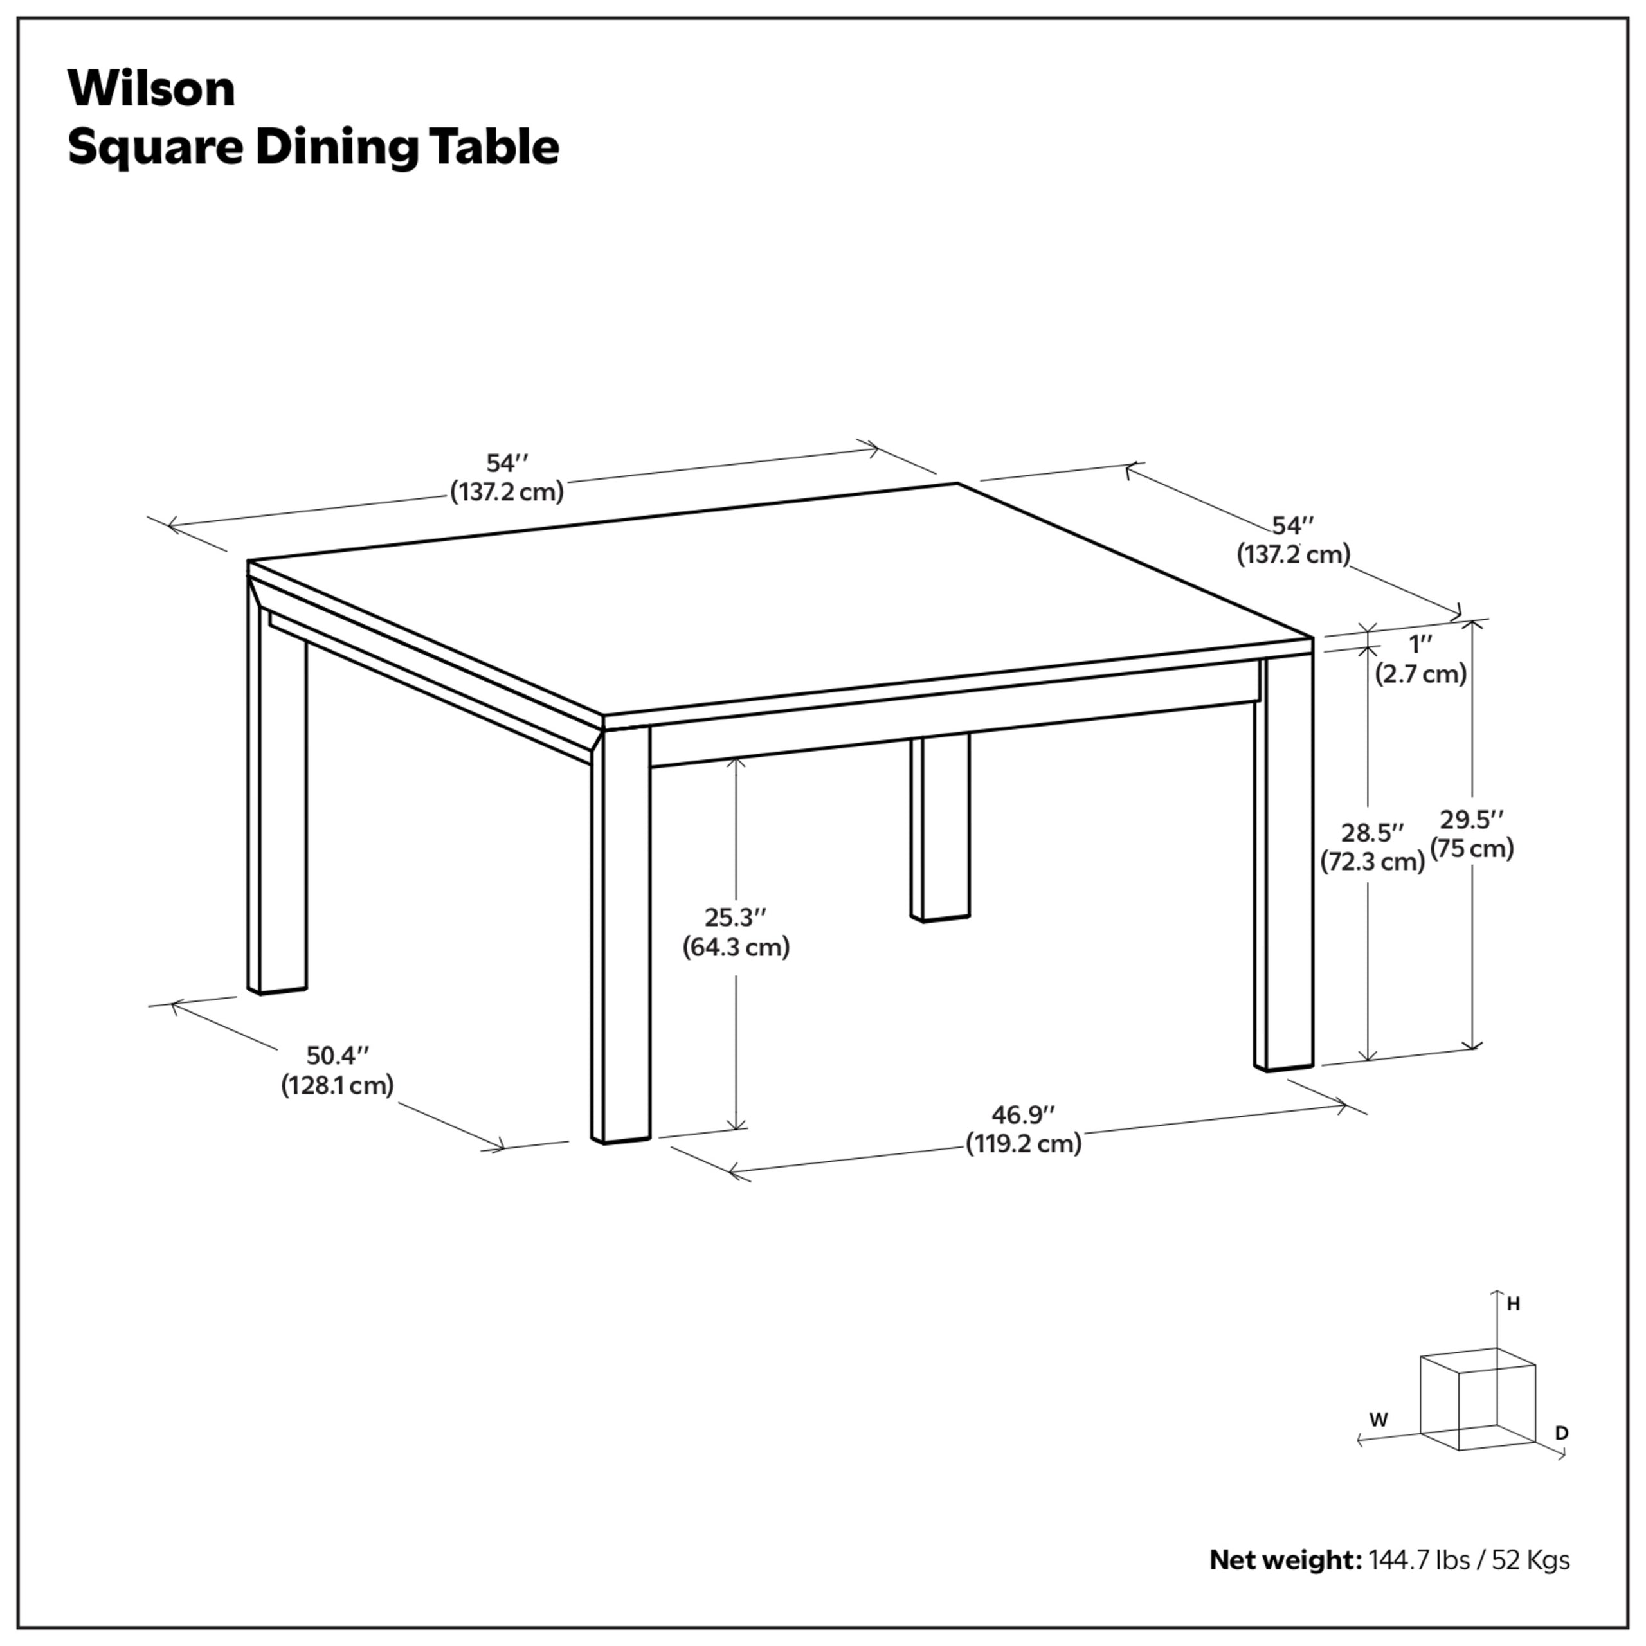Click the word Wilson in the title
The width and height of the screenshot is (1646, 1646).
pos(151,89)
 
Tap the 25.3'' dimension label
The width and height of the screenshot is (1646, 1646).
pos(736,918)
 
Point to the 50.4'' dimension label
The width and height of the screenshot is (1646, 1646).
pos(338,1056)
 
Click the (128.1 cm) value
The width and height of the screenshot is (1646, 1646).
pos(338,1085)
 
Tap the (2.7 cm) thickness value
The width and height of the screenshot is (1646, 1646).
pos(1420,674)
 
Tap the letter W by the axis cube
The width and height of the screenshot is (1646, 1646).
pos(1379,1420)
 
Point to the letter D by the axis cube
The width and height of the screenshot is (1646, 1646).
pos(1562,1434)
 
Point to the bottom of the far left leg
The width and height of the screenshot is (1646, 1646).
pos(277,989)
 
